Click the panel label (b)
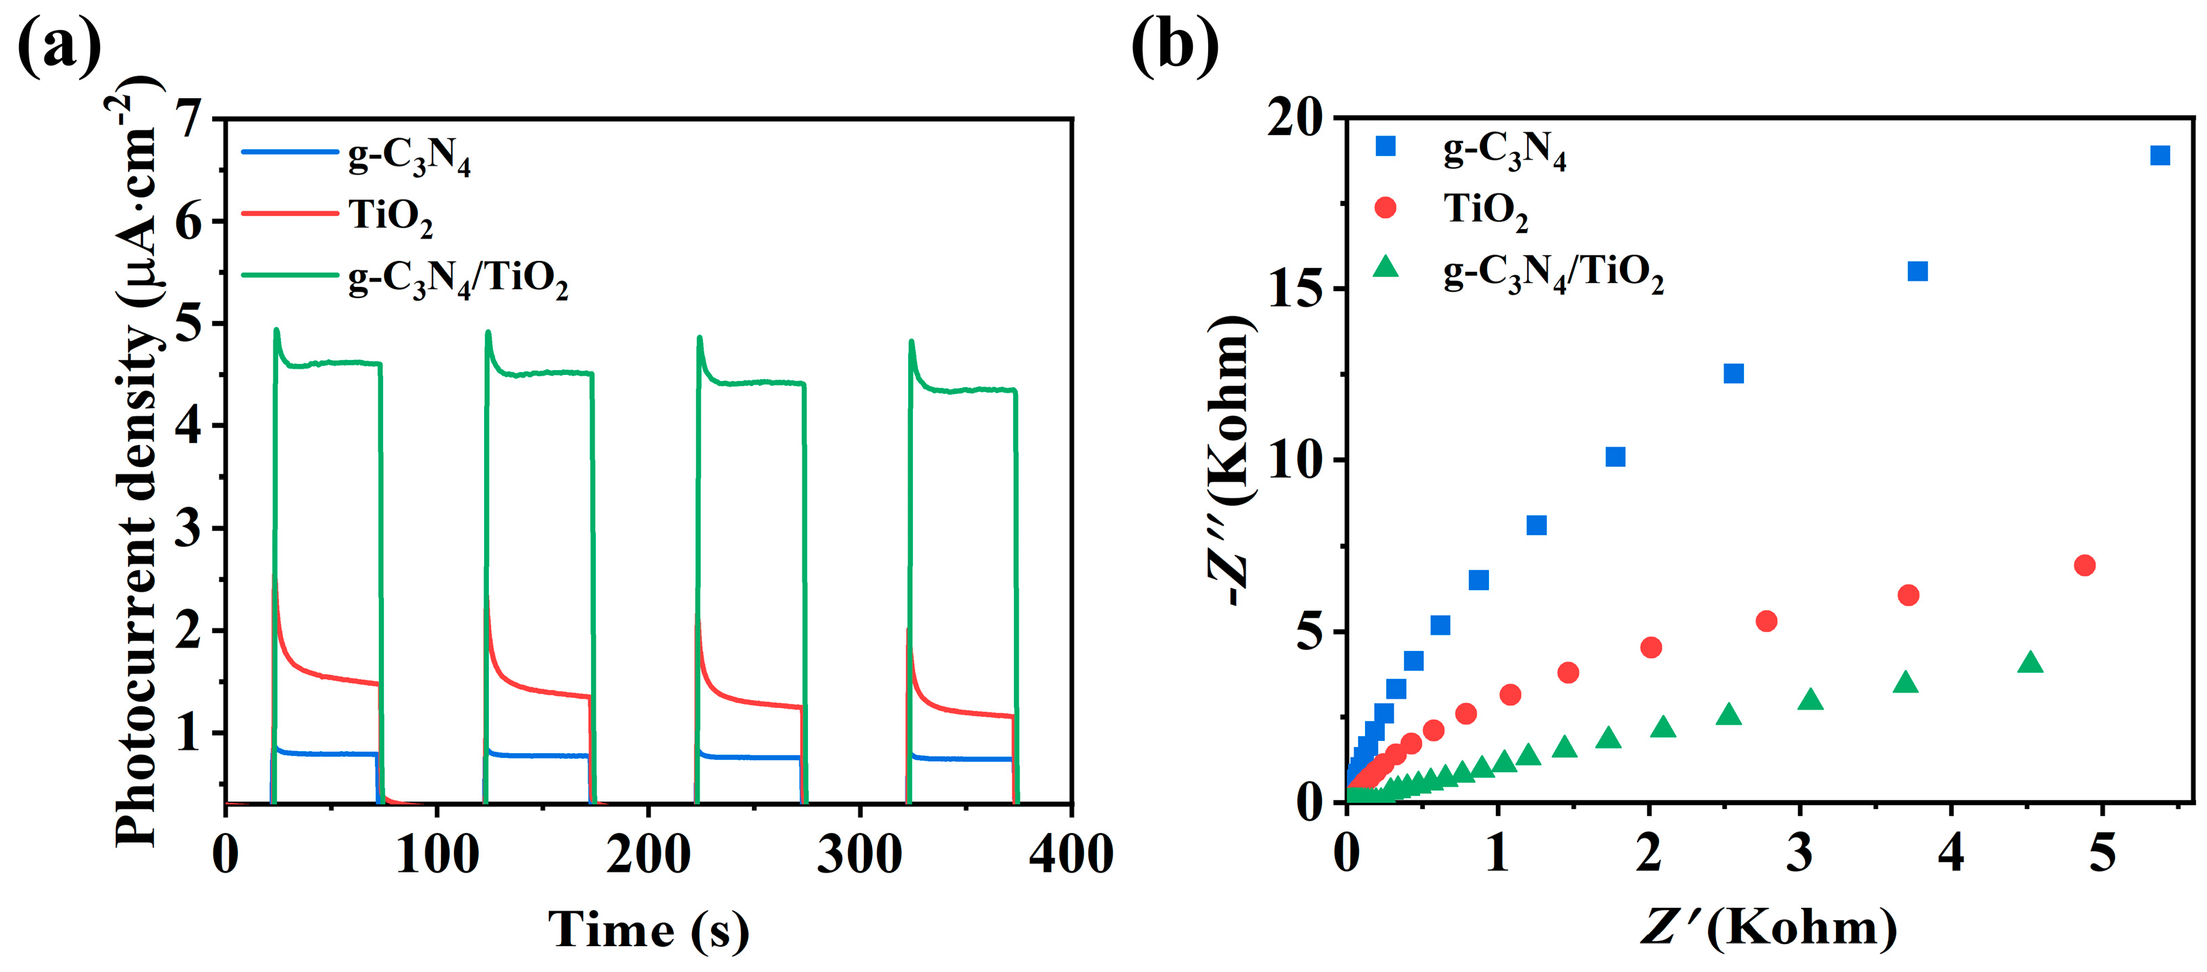click(x=1175, y=47)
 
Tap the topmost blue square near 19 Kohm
click(x=2160, y=155)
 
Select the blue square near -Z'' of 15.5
click(x=1917, y=271)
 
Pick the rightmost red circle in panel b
click(x=2084, y=565)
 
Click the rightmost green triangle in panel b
click(x=2030, y=662)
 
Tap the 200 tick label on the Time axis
click(x=648, y=855)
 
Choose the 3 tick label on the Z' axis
click(x=1800, y=854)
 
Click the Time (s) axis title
click(x=648, y=930)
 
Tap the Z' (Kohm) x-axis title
click(x=1769, y=928)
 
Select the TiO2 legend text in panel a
click(x=390, y=216)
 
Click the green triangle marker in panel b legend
click(x=1385, y=268)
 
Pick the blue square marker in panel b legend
click(x=1385, y=147)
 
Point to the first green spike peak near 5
click(x=276, y=330)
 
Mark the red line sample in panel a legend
click(x=290, y=213)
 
